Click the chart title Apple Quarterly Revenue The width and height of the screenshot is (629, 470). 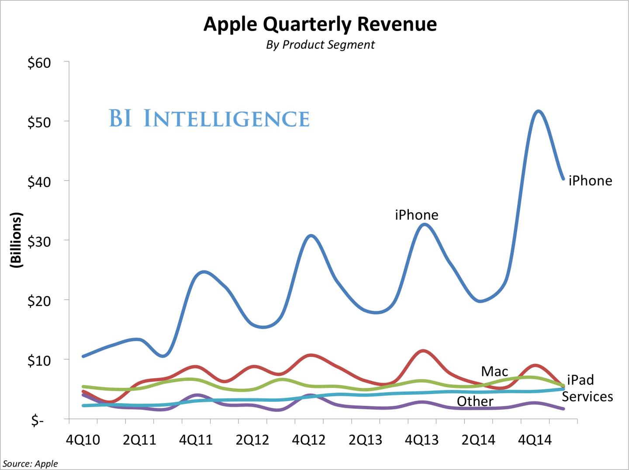[320, 24]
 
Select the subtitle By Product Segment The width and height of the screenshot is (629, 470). [320, 45]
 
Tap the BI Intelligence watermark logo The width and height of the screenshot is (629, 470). [209, 119]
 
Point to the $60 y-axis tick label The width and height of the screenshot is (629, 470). [39, 63]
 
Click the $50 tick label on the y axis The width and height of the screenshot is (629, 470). [39, 122]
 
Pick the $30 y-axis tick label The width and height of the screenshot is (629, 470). [39, 242]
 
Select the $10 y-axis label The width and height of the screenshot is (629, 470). [39, 361]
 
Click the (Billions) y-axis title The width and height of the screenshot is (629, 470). [16, 240]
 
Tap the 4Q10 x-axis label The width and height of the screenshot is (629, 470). [83, 440]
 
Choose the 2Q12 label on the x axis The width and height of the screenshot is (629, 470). [252, 440]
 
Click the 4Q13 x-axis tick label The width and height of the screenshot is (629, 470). [422, 440]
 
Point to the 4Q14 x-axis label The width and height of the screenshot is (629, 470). [535, 440]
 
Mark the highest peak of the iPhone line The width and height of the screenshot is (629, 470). [538, 111]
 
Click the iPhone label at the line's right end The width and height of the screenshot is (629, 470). [590, 181]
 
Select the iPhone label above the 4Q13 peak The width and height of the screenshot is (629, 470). [416, 215]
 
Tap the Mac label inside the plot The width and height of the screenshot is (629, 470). [494, 372]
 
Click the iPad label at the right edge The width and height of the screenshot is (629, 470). [581, 380]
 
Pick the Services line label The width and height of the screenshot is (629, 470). [587, 397]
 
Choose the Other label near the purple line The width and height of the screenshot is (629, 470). [475, 401]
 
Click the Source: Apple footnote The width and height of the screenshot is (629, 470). [30, 463]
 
